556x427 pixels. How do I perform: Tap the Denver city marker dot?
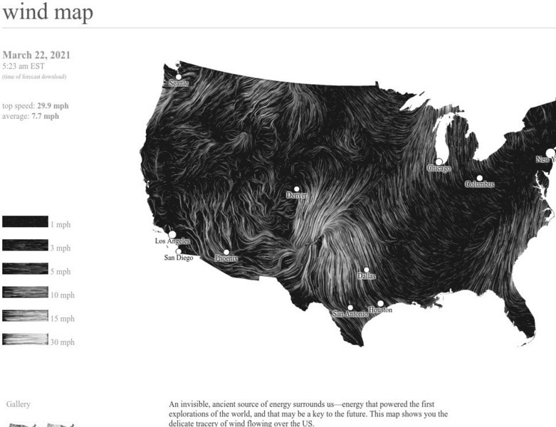297,189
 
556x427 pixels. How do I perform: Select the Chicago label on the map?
439,169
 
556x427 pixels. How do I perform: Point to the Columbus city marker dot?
479,178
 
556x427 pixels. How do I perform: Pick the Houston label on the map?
380,310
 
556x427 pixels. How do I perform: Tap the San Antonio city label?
350,314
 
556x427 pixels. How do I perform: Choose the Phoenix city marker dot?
226,252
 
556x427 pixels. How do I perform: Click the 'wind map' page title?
48,13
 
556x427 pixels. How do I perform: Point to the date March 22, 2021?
36,56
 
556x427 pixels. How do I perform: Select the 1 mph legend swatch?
25,222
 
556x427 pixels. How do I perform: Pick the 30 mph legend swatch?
25,340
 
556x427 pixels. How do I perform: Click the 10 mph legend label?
62,295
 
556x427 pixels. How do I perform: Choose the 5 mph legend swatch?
25,269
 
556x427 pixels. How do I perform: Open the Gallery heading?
18,404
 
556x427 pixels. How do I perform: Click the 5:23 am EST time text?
23,66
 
